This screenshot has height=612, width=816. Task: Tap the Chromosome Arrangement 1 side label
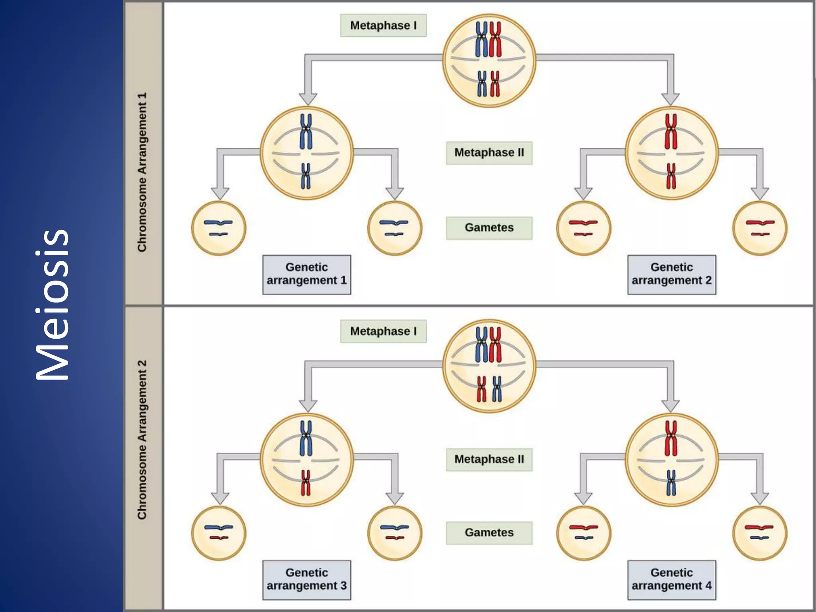pos(142,172)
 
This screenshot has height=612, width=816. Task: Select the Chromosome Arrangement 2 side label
pos(142,439)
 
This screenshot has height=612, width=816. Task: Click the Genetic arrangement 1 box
pos(306,275)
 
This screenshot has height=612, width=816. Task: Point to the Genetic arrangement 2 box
pos(671,275)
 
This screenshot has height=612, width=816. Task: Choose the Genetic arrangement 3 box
pos(306,580)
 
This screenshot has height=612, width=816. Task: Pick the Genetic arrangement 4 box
pos(671,580)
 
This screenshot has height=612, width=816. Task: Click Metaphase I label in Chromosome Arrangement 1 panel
pos(383,25)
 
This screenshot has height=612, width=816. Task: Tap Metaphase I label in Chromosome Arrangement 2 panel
pos(383,331)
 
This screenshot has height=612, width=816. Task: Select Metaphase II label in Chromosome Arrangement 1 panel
pos(489,153)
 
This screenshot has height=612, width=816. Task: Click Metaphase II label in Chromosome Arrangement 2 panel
pos(489,459)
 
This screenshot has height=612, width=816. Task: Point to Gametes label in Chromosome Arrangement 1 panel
pos(489,228)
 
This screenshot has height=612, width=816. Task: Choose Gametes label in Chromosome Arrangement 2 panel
pos(489,533)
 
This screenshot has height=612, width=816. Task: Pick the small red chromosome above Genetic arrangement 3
pos(306,483)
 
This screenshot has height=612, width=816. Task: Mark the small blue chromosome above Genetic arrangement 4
pos(671,483)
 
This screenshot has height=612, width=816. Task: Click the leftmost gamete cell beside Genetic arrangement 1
pos(219,228)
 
